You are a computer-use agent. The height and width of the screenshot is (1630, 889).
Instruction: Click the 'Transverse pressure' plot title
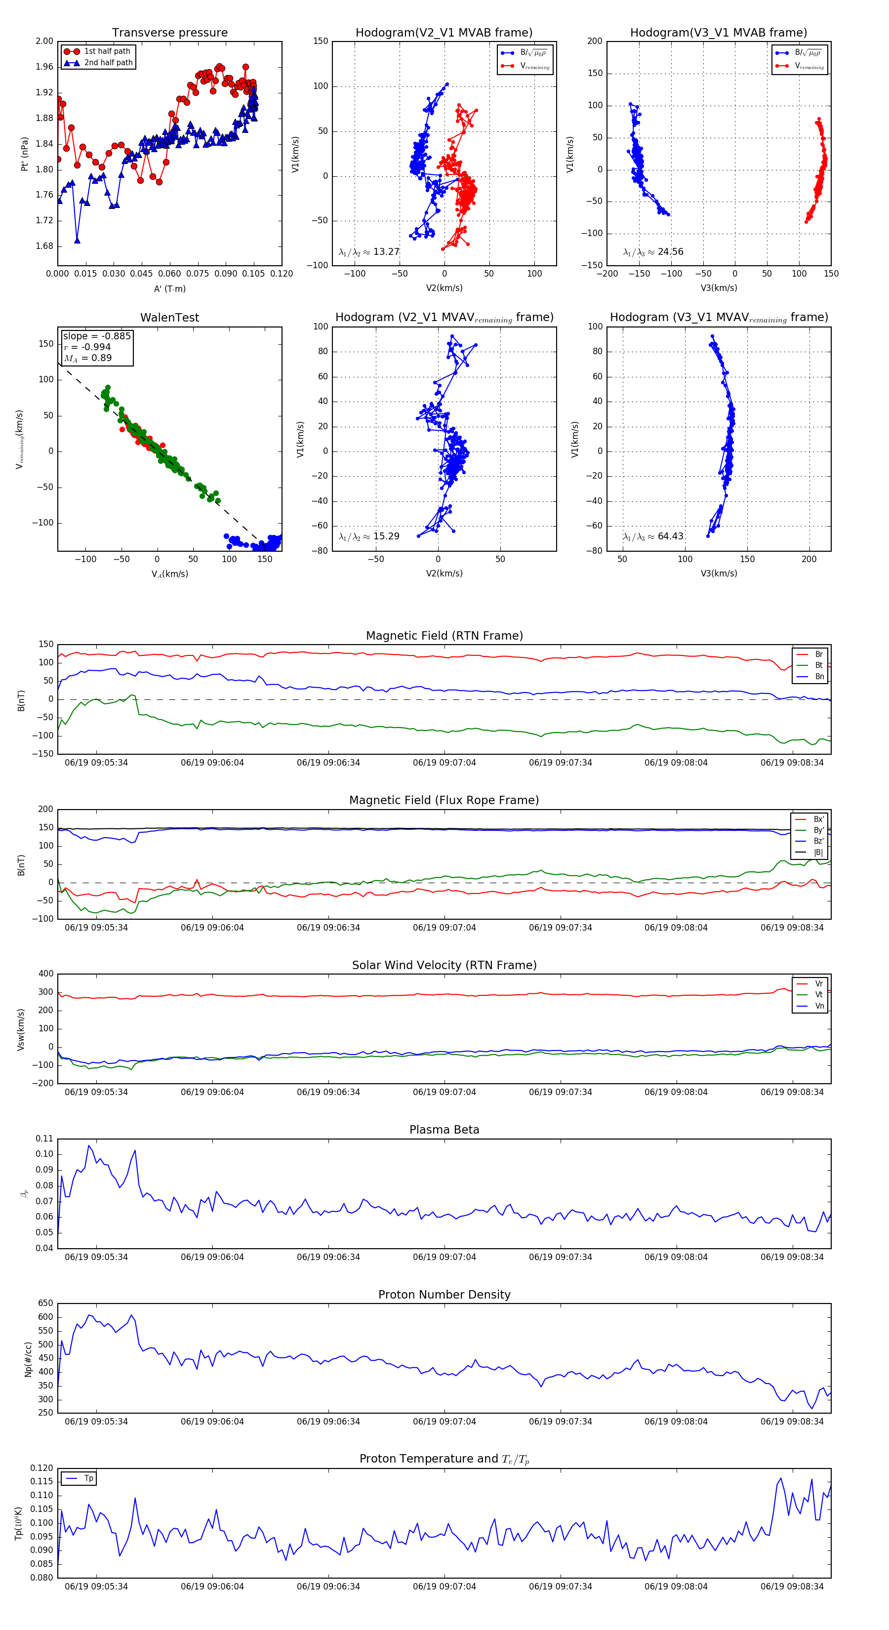coord(169,33)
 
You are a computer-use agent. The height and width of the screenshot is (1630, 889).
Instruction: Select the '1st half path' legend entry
coord(107,51)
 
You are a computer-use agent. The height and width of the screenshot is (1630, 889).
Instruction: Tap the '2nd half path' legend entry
coord(108,63)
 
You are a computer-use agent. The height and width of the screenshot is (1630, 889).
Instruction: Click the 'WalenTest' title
coord(169,318)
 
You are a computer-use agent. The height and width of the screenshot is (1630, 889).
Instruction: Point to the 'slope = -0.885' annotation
coord(97,336)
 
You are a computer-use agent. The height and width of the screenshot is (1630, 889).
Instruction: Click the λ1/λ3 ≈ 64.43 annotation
coord(653,536)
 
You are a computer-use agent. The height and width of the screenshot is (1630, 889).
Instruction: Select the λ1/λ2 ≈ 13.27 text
coord(369,252)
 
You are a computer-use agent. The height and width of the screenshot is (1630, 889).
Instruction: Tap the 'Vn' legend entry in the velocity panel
coord(819,1006)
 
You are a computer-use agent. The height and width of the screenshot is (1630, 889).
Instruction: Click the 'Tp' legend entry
coord(88,1478)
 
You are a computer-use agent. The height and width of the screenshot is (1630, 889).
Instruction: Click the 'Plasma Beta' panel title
coord(444,1130)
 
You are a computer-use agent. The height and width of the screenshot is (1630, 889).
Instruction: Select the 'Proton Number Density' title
coord(444,1295)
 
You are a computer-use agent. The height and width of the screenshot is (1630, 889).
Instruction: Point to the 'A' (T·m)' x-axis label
coord(169,289)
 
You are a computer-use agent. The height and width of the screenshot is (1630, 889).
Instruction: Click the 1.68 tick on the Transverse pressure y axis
coord(44,246)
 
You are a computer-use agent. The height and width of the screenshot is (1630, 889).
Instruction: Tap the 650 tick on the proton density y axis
coord(45,1304)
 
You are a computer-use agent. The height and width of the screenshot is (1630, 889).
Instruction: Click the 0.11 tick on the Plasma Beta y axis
coord(44,1139)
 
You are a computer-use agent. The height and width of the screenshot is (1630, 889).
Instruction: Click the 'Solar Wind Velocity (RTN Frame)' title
coord(444,965)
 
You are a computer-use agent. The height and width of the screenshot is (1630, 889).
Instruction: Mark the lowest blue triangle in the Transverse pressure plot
coord(77,241)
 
